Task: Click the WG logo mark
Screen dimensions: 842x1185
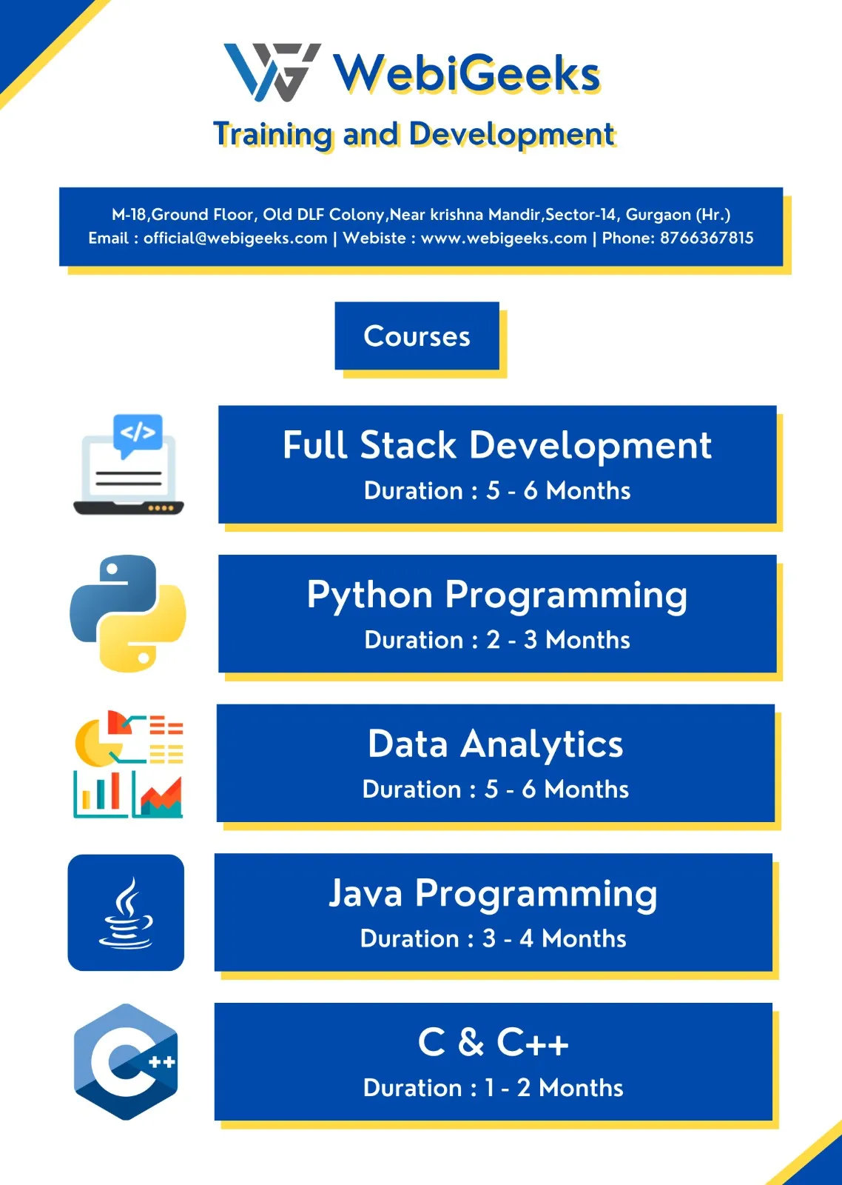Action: click(x=272, y=73)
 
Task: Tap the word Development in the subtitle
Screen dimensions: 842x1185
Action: click(x=512, y=134)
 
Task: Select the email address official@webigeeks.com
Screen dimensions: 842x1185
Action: click(x=236, y=238)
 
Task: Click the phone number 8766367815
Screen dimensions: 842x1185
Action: click(x=707, y=238)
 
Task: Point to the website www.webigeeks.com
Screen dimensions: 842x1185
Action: click(x=504, y=238)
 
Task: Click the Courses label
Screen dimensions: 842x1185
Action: click(x=417, y=336)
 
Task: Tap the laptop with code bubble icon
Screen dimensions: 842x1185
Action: click(x=129, y=464)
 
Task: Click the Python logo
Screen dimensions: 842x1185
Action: click(x=128, y=613)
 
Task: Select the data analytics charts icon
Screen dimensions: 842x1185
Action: click(x=129, y=764)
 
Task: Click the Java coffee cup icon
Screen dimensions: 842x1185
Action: click(x=126, y=912)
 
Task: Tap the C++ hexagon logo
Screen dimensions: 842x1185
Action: click(x=126, y=1062)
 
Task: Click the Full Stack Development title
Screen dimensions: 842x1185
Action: click(x=497, y=445)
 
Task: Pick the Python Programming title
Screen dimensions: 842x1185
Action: click(x=497, y=595)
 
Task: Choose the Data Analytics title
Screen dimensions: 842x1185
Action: click(x=495, y=744)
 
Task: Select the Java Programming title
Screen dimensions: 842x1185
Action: click(x=493, y=894)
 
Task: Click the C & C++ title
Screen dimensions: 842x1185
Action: click(x=493, y=1042)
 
